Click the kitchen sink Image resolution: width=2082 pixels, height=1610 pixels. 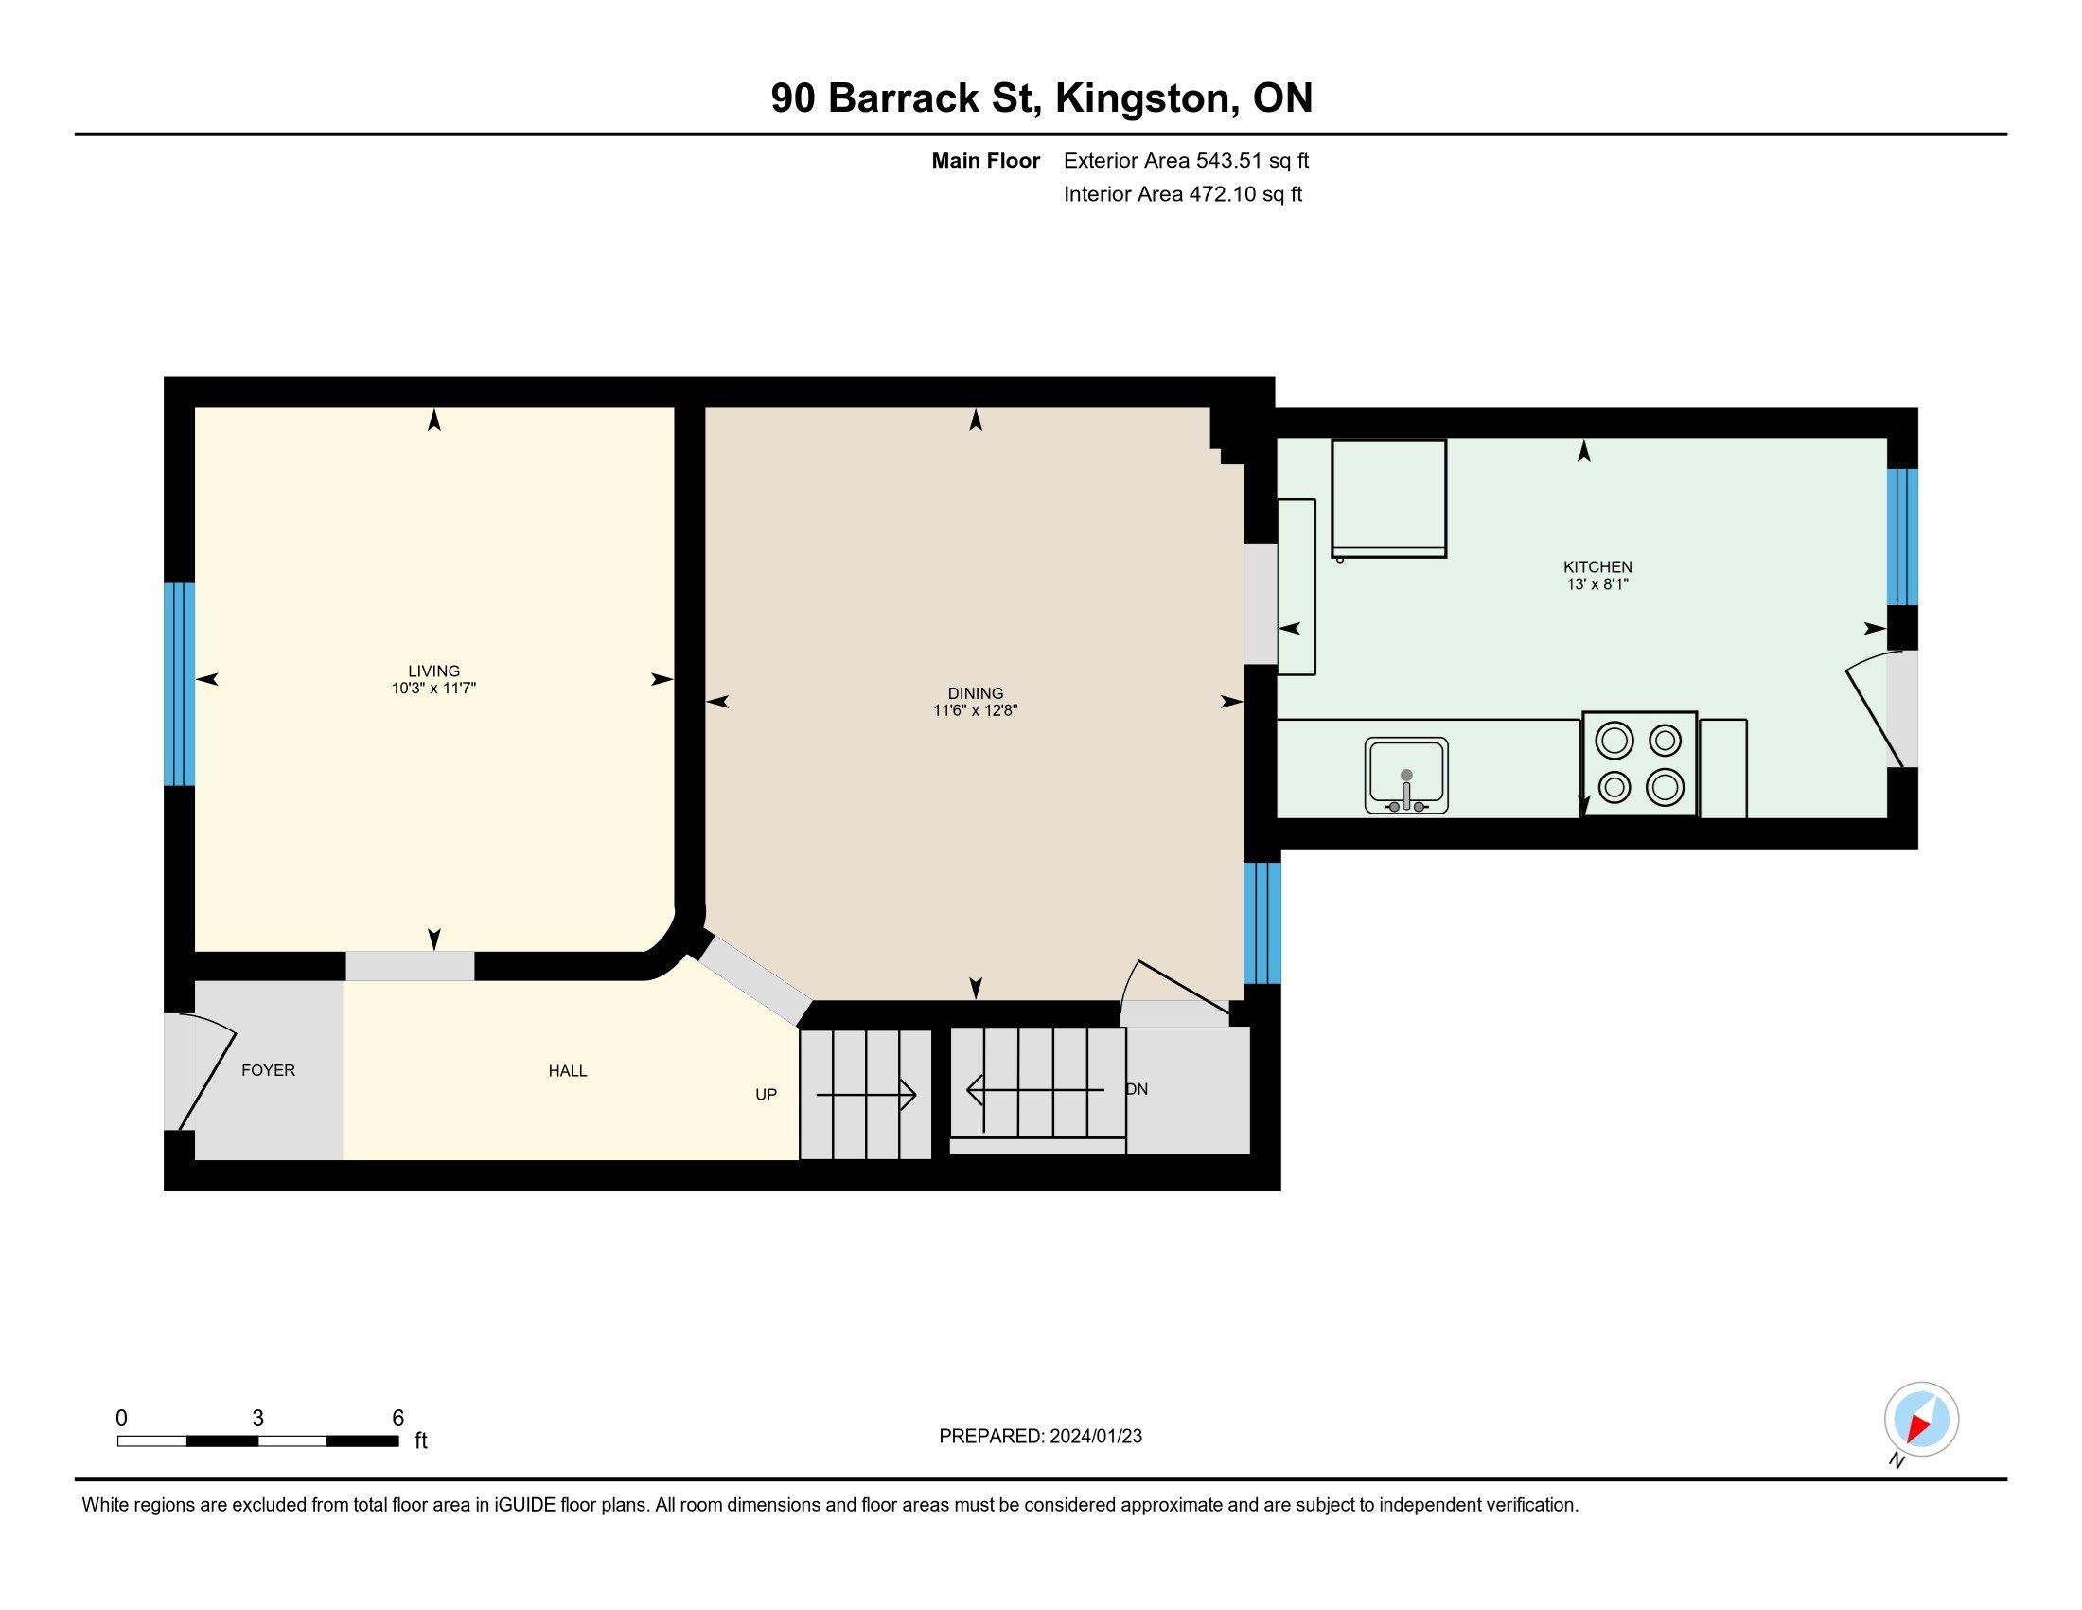point(1406,776)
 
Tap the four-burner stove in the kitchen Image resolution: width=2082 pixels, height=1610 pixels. point(1640,764)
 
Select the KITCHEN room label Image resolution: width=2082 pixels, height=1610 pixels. point(1597,566)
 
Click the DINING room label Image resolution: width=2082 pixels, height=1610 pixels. point(975,693)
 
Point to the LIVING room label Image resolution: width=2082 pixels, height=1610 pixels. point(433,671)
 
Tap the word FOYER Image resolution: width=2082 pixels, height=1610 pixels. point(268,1070)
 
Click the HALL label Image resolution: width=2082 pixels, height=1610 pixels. point(567,1071)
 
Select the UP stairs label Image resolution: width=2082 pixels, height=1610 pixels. point(766,1095)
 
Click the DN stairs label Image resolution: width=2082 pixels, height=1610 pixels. point(1138,1089)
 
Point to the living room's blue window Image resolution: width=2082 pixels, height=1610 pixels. point(179,684)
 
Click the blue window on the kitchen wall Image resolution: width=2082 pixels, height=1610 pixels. point(1903,537)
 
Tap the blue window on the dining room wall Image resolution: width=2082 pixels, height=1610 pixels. point(1262,922)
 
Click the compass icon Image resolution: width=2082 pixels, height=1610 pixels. point(1921,1420)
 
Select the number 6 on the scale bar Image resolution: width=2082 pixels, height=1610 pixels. point(398,1419)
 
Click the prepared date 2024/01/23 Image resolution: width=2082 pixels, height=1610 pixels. point(1095,1437)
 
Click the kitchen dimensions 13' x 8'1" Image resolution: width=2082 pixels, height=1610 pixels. point(1597,584)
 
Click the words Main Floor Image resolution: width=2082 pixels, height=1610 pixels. point(986,161)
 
